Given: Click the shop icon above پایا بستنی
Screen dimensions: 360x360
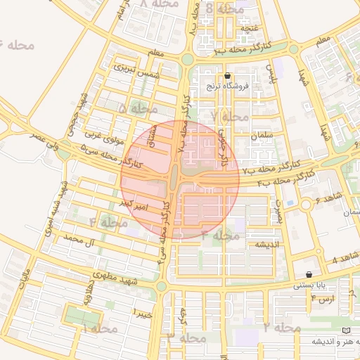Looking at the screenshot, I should tap(309, 274).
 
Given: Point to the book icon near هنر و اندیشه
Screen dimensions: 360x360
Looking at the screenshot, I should tap(344, 330).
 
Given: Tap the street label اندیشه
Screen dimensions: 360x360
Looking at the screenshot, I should tap(257, 245).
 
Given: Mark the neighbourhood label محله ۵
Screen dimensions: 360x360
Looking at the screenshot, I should tap(138, 109).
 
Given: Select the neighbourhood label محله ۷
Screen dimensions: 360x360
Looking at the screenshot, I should tap(229, 115).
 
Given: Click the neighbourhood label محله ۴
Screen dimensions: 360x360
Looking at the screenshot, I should tap(108, 223).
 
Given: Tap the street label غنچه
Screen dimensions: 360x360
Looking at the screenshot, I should tap(250, 28).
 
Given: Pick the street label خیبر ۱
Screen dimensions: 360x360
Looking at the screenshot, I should tap(143, 314).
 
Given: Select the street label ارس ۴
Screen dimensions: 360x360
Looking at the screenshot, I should tap(326, 300).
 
